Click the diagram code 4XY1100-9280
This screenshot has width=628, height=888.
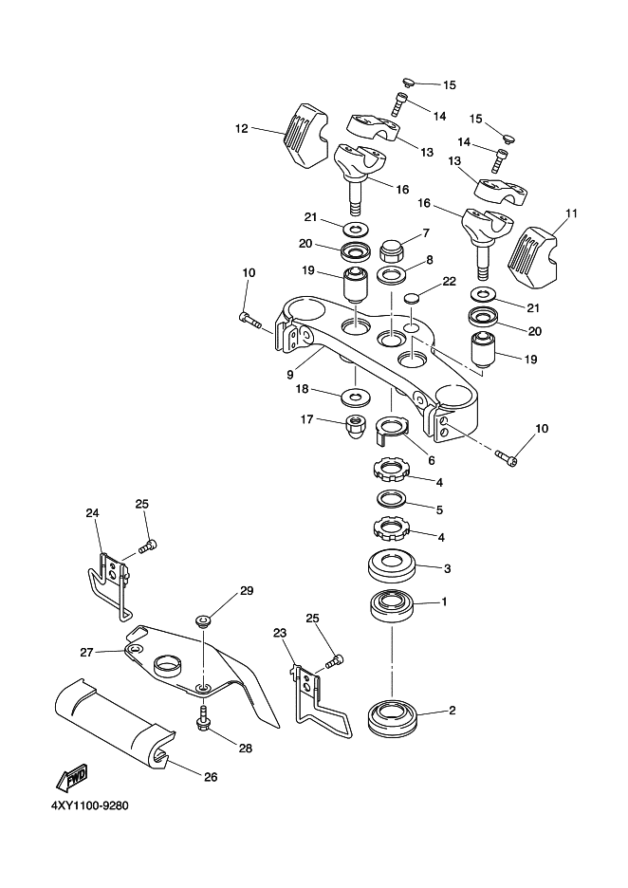(91, 805)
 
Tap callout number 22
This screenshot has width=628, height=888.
(449, 282)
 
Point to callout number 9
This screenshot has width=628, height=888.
(290, 375)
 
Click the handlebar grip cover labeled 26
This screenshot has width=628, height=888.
(116, 722)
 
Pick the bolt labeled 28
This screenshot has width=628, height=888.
(203, 717)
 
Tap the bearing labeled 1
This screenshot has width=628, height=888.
(393, 607)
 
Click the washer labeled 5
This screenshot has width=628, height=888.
(391, 499)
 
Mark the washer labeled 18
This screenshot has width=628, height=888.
(356, 396)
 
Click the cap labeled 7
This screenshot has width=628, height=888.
(390, 248)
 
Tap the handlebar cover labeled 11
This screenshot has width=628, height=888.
(533, 256)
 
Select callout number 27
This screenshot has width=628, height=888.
(86, 653)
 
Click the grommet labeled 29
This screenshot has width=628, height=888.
(203, 621)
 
